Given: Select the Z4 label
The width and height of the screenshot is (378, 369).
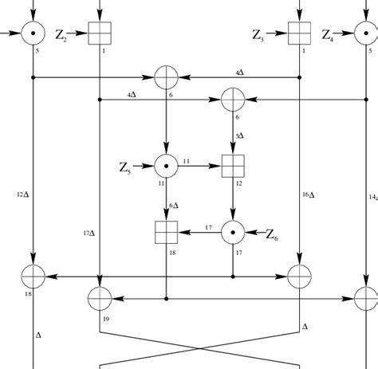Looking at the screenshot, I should coord(329,34).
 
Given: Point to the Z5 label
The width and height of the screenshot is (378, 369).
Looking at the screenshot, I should coord(126,167).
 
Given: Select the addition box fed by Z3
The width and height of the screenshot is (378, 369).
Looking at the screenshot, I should coord(298,33).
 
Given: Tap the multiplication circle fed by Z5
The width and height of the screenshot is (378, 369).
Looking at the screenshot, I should coord(165,167).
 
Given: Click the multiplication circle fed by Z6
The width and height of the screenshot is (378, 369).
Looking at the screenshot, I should coord(232,232).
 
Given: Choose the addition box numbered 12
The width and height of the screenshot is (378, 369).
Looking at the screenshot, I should coord(232,167).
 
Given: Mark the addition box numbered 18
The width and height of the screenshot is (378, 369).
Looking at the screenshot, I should coord(165,232).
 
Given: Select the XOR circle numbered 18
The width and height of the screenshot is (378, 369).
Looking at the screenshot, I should coord(33,277).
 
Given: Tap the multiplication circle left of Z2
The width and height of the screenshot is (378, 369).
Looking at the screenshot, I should coord(33,33).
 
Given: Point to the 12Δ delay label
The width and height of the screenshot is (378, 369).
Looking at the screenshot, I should coord(22,194).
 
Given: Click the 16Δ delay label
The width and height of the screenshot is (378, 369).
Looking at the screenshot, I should coord(309,194).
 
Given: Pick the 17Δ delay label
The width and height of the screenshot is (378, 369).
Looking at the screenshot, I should coord(89,233).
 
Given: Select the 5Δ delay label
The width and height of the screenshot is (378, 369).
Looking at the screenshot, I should coord(239,135).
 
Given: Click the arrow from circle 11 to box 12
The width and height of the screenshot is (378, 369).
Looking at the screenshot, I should coord(199,167).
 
